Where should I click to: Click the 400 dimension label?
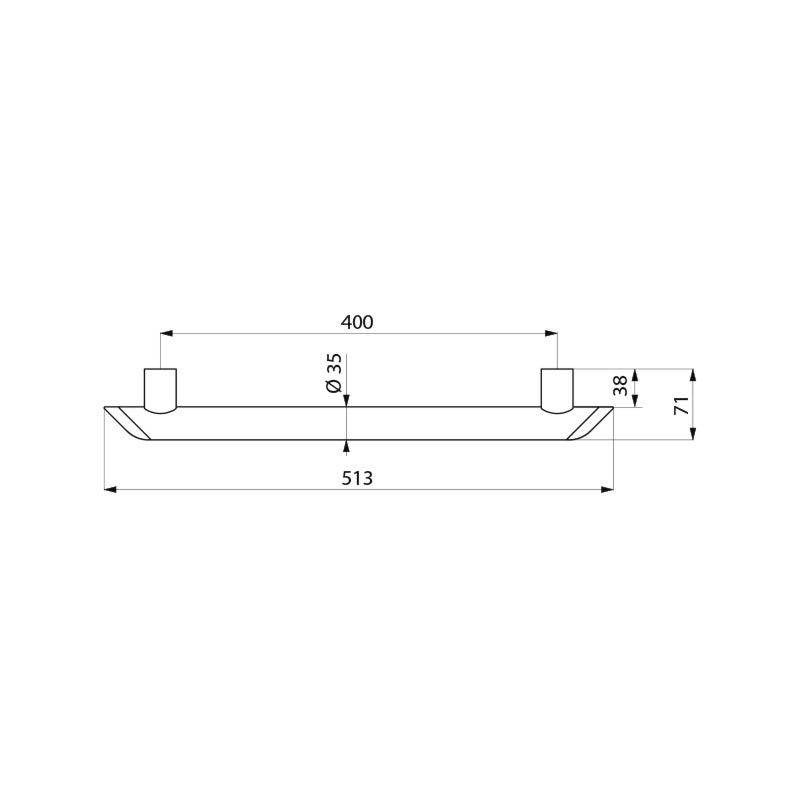point(357,322)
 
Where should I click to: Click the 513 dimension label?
point(357,478)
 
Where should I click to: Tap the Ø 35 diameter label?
point(334,372)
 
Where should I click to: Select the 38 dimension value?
point(621,385)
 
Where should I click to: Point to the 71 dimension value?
point(680,404)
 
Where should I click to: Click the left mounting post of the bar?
point(160,389)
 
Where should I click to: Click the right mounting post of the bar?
point(557,389)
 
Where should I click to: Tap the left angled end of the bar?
point(128,422)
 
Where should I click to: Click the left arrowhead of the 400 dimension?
point(166,333)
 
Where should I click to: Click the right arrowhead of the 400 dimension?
point(552,333)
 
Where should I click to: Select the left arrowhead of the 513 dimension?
point(110,489)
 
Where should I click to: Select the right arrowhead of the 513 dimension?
point(608,489)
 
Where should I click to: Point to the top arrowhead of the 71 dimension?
point(693,374)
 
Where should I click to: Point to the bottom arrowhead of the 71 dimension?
point(693,434)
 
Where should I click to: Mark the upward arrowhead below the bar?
point(346,445)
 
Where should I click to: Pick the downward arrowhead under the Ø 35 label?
point(346,401)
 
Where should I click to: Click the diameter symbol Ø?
point(334,387)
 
